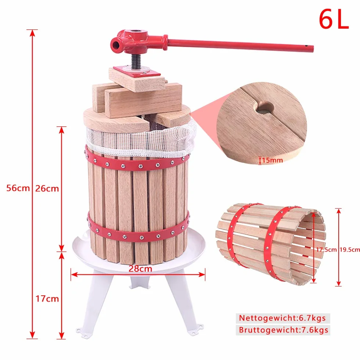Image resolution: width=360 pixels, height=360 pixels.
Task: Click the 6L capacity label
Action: (334, 19)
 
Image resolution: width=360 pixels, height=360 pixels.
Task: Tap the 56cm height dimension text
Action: (18, 188)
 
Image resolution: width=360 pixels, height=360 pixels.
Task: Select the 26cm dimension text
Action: (47, 188)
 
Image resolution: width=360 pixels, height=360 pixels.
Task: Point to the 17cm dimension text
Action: (47, 299)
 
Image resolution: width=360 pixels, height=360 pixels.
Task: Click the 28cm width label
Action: (140, 269)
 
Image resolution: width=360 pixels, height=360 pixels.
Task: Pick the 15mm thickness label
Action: (273, 160)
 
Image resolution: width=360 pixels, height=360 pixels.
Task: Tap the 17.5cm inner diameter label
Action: (326, 249)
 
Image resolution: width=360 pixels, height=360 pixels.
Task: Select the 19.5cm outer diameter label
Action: (350, 249)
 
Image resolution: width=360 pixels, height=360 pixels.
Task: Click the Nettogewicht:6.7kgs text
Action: (282, 318)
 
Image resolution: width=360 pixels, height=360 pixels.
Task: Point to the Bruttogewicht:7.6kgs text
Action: (284, 330)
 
